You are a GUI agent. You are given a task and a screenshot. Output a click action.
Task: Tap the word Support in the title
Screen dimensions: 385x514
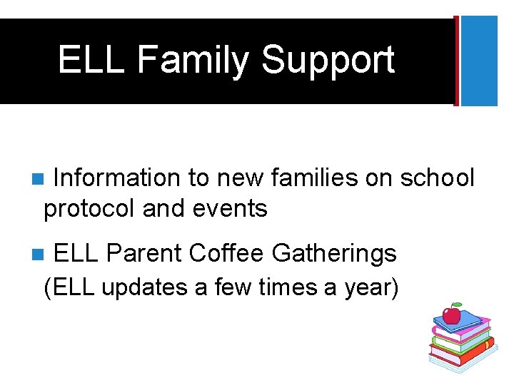[x=328, y=60]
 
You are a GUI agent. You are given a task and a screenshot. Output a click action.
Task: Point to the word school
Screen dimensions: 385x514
[x=437, y=178]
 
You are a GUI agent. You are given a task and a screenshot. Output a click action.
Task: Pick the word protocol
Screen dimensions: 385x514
[x=90, y=209]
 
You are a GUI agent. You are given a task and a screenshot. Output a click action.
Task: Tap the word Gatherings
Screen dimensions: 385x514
[x=336, y=253]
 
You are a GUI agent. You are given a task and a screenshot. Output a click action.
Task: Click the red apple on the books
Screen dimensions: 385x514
[x=451, y=315]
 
